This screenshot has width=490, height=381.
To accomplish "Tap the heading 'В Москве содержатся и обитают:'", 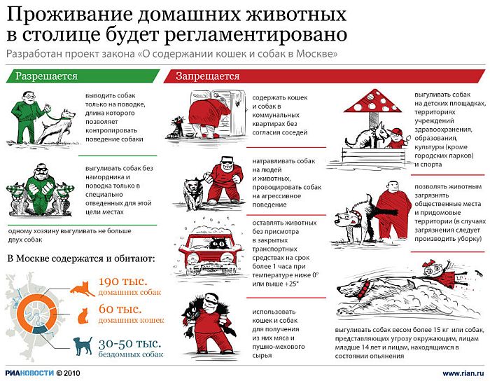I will (x=80, y=257).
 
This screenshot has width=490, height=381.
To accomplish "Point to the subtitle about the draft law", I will (x=172, y=54).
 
